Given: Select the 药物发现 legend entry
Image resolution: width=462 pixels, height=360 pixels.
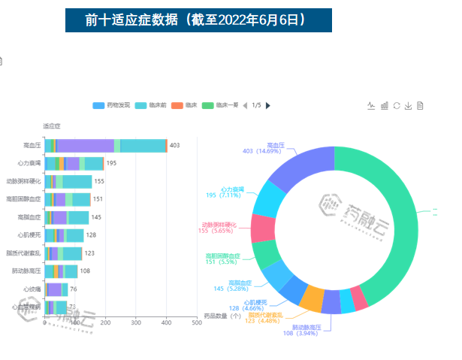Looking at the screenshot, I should coord(112,105).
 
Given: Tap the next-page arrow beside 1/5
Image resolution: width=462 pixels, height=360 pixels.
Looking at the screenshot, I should coord(268,105).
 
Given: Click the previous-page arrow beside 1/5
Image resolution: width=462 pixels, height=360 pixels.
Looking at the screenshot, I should coord(245,105).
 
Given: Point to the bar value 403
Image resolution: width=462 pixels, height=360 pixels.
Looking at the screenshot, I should coord(174,145).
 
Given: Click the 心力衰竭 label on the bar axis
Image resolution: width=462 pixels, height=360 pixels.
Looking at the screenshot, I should coord(28,163).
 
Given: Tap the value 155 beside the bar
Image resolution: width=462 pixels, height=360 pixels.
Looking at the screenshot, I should coord(99,181).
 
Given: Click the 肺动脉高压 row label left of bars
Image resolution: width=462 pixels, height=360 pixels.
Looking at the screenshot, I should coord(26,271).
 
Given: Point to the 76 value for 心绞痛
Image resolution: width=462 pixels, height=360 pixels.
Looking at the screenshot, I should coord(74,289).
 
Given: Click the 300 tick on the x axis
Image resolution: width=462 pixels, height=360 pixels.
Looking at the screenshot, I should coord(136,323).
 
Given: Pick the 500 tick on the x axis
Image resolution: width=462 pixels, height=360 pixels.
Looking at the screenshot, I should coord(196,323).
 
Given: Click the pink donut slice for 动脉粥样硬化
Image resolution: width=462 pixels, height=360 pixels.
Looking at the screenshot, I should coord(263,227).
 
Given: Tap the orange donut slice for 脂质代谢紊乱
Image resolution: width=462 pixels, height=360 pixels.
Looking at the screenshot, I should coord(312,298).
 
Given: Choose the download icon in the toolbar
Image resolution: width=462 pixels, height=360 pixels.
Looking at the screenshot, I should coord(408,106).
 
